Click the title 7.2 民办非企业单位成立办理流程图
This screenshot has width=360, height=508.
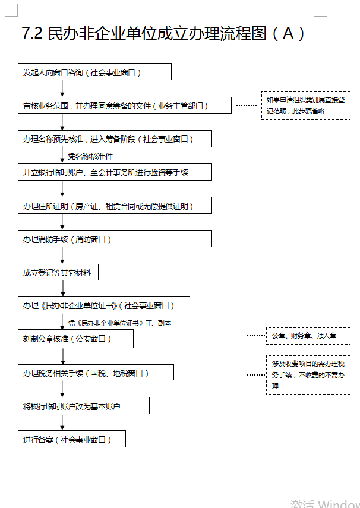click(x=163, y=33)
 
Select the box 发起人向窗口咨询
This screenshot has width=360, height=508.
click(x=94, y=72)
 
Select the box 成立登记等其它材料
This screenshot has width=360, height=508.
click(x=58, y=272)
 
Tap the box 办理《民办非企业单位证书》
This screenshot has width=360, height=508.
click(x=104, y=305)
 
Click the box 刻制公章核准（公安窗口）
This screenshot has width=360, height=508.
click(x=75, y=339)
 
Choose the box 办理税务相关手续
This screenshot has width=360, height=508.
click(x=96, y=373)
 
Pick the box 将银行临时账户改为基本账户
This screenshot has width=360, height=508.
click(x=83, y=406)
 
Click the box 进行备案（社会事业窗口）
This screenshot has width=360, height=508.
click(x=72, y=439)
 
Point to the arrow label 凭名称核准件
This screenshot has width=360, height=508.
click(x=90, y=156)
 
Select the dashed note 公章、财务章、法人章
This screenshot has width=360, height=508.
click(x=308, y=336)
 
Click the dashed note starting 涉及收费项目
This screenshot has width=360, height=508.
click(x=308, y=375)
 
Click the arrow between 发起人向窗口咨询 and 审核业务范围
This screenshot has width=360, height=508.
click(x=62, y=88)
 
